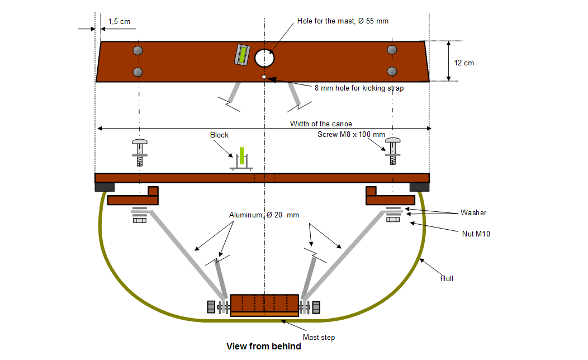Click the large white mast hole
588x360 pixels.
pos(264,58)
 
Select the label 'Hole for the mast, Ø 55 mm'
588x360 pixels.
pos(343,21)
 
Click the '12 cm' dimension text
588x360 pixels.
pos(464,63)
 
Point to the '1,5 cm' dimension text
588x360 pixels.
pos(119,21)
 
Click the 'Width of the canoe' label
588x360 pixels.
pos(321,124)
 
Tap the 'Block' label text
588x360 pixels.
pos(219,135)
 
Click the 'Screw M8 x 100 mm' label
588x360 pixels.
pos(351,135)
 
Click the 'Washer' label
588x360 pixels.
pos(473,212)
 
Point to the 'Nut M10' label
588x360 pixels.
pos(476,234)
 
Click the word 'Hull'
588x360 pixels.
pos(446,278)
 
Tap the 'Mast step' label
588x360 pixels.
pos(319,337)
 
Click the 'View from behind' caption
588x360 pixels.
pos(263,347)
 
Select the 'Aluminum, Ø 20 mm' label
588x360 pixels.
pos(264,215)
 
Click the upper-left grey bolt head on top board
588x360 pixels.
pos(138,51)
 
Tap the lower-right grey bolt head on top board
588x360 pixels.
pos(392,72)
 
